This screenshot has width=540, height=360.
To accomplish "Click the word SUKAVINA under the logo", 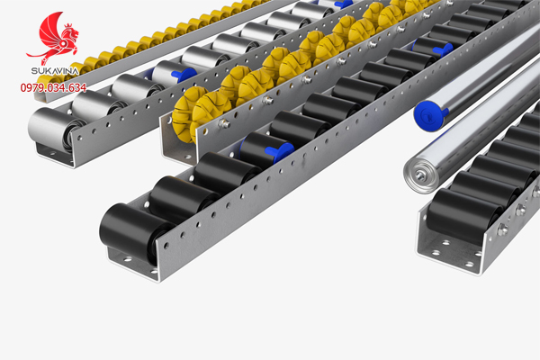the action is [x=55, y=71].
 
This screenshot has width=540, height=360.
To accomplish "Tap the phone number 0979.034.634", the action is [x=53, y=88].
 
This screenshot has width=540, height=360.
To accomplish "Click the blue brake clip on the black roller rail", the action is [x=280, y=151].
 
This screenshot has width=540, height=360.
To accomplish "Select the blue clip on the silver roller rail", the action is [x=184, y=75].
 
